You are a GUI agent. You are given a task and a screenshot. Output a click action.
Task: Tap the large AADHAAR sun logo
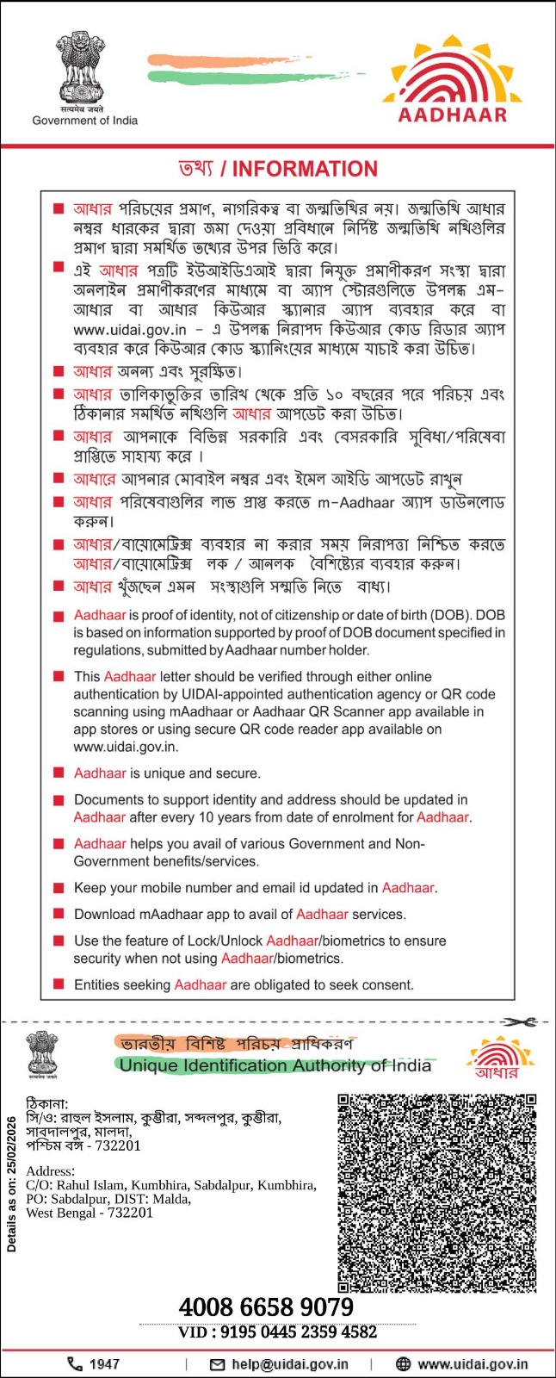(452, 79)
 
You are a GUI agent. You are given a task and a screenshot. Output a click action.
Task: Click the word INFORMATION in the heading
(305, 169)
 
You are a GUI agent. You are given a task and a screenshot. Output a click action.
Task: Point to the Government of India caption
(84, 121)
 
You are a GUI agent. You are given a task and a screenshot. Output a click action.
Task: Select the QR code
(437, 1193)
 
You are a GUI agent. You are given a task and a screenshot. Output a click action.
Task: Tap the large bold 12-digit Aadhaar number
(266, 1307)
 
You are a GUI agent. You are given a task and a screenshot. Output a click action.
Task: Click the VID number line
(277, 1332)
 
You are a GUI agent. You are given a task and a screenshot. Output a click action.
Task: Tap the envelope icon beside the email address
(218, 1364)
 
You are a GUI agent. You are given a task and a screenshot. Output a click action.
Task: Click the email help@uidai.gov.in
(290, 1364)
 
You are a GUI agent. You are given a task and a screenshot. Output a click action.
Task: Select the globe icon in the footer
(403, 1364)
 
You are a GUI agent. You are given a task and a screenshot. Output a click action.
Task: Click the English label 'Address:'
(50, 1171)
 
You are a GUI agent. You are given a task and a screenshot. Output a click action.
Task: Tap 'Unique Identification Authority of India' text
(275, 1066)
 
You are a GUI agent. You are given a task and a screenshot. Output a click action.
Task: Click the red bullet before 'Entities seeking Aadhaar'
(59, 984)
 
